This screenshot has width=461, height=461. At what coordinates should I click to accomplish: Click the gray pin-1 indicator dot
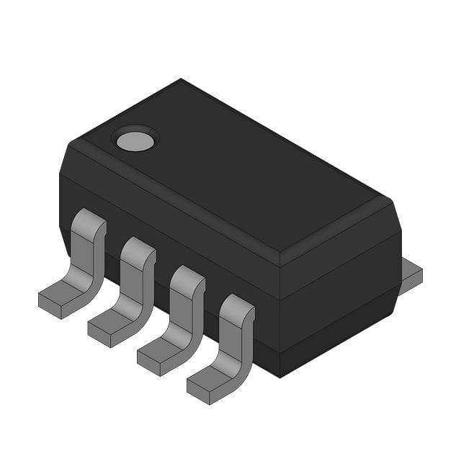pyautogui.click(x=135, y=140)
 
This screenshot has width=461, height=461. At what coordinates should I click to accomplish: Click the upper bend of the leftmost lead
pyautogui.click(x=91, y=220)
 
